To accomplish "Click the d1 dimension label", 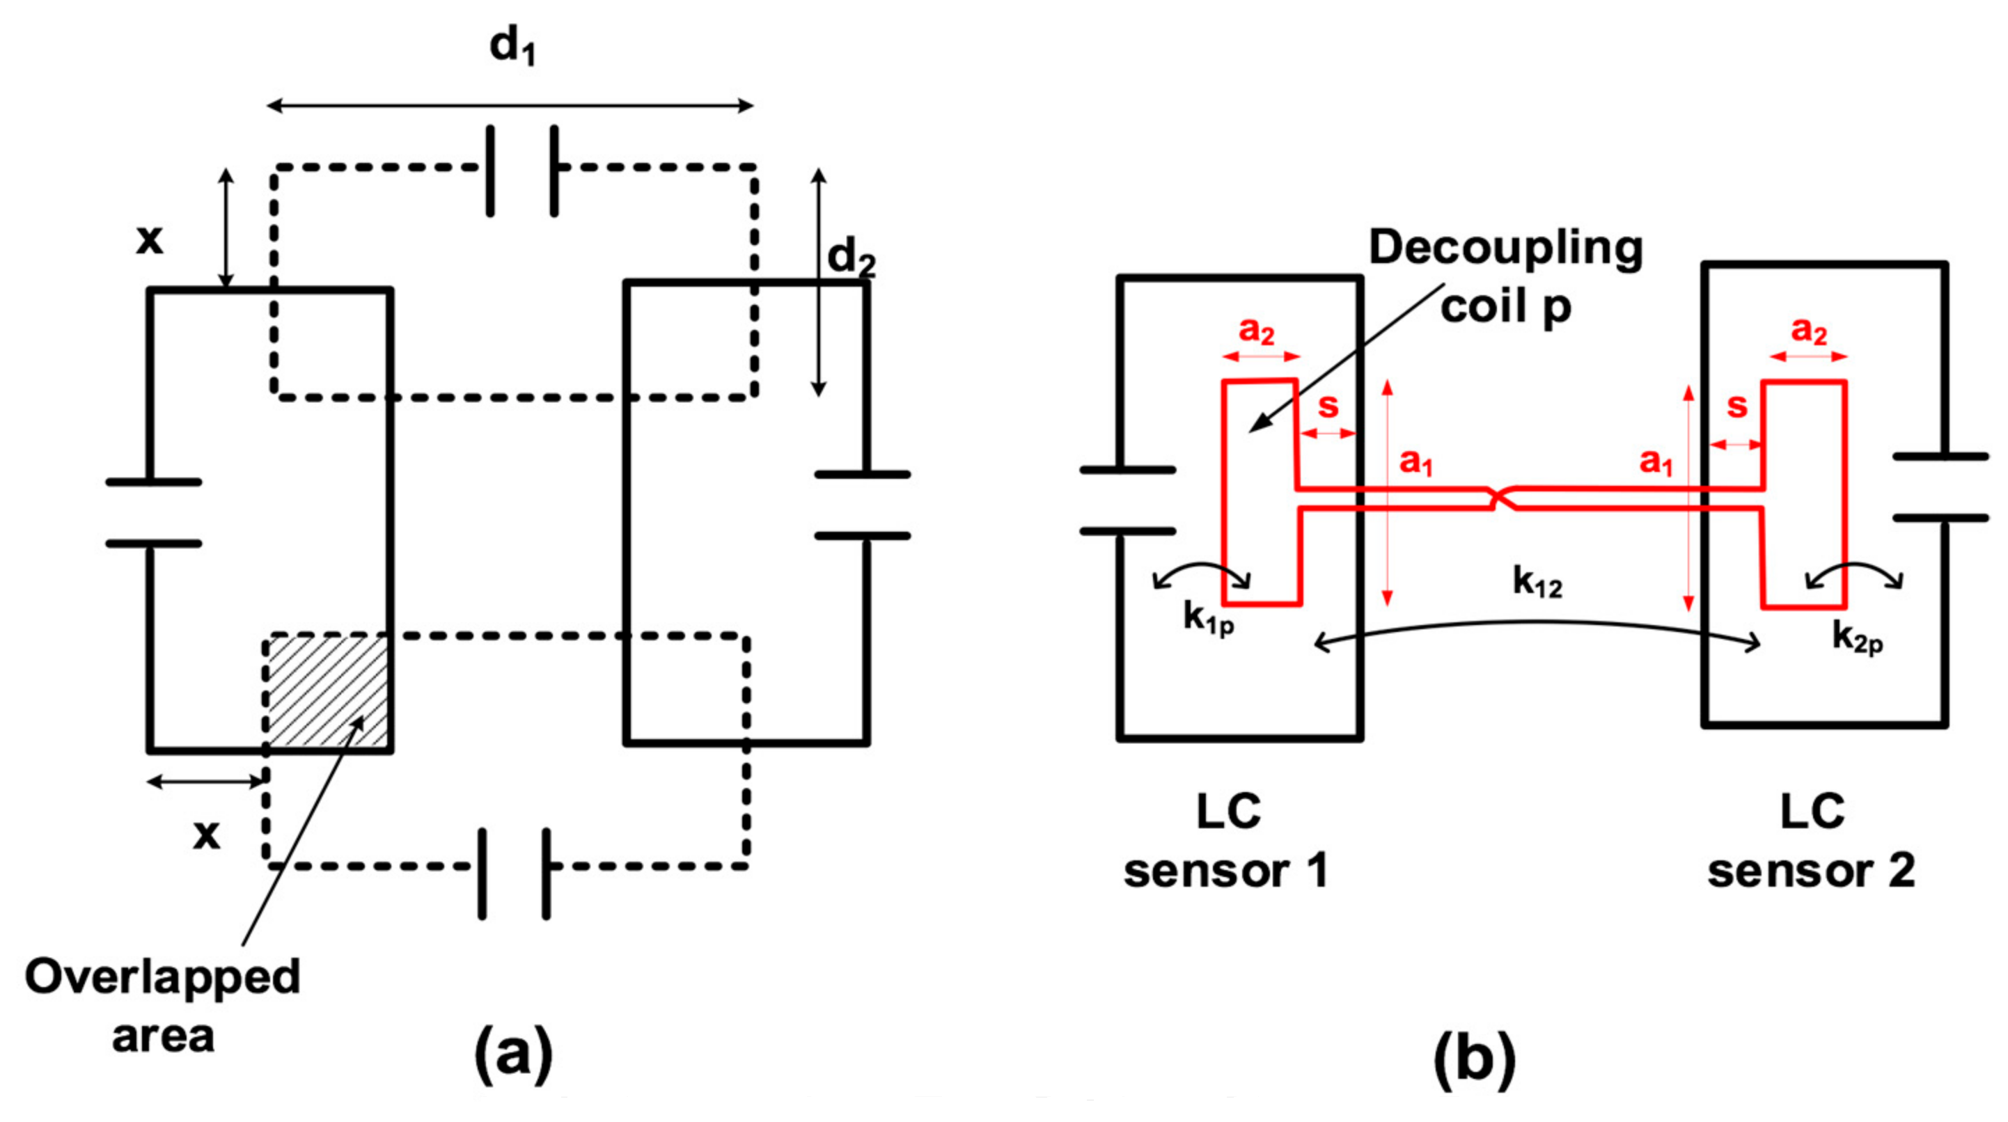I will point(512,47).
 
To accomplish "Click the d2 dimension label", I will point(850,257).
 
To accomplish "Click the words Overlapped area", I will point(162,1005).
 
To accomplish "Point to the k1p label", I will point(1208,619).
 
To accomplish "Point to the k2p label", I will point(1858,639).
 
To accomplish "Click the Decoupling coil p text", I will point(1505,276).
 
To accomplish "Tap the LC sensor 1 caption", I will point(1227,841).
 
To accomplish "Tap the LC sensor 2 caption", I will point(1812,841).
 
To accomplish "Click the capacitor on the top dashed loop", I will point(521,170).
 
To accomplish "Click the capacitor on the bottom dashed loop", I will point(514,874).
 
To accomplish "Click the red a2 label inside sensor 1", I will point(1257,331).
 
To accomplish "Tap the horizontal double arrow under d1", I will point(510,105).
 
